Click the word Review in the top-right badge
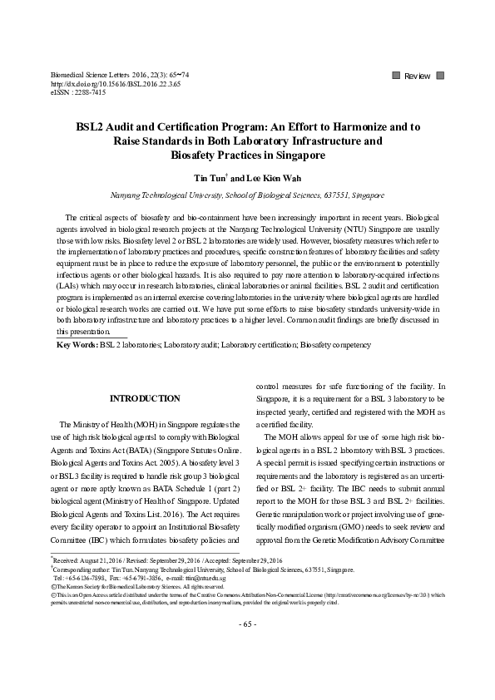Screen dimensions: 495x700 click(x=417, y=76)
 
